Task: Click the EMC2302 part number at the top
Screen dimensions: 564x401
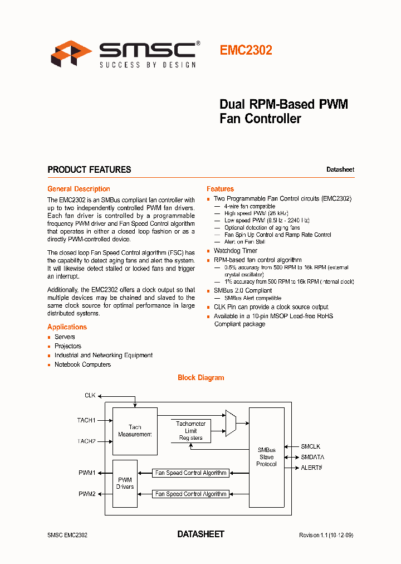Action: pyautogui.click(x=246, y=50)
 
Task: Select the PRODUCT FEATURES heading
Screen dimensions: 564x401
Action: pyautogui.click(x=89, y=169)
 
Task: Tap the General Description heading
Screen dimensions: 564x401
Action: pyautogui.click(x=79, y=189)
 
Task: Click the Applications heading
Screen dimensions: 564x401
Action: pyautogui.click(x=67, y=327)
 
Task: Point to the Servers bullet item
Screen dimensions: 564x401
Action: pyautogui.click(x=65, y=337)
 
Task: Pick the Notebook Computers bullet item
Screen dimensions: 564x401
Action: pyautogui.click(x=82, y=364)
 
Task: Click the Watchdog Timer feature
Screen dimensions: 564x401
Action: pyautogui.click(x=235, y=251)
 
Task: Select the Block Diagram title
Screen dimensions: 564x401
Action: pyautogui.click(x=200, y=377)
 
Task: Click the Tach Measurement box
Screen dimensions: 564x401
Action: pyautogui.click(x=135, y=431)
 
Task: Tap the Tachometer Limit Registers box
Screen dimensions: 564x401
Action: pyautogui.click(x=191, y=431)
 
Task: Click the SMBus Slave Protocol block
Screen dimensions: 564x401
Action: pyautogui.click(x=266, y=457)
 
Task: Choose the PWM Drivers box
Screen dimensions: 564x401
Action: pyautogui.click(x=125, y=483)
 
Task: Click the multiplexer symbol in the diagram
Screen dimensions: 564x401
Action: pyautogui.click(x=231, y=423)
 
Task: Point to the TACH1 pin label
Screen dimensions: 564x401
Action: pyautogui.click(x=86, y=420)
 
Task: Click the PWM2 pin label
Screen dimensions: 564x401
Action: pyautogui.click(x=87, y=494)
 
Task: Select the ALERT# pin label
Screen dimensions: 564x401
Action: pyautogui.click(x=311, y=468)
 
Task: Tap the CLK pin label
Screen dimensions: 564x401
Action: pyautogui.click(x=90, y=395)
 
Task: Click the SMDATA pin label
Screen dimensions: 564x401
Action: pyautogui.click(x=312, y=457)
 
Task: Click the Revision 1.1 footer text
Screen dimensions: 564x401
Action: pyautogui.click(x=326, y=535)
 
